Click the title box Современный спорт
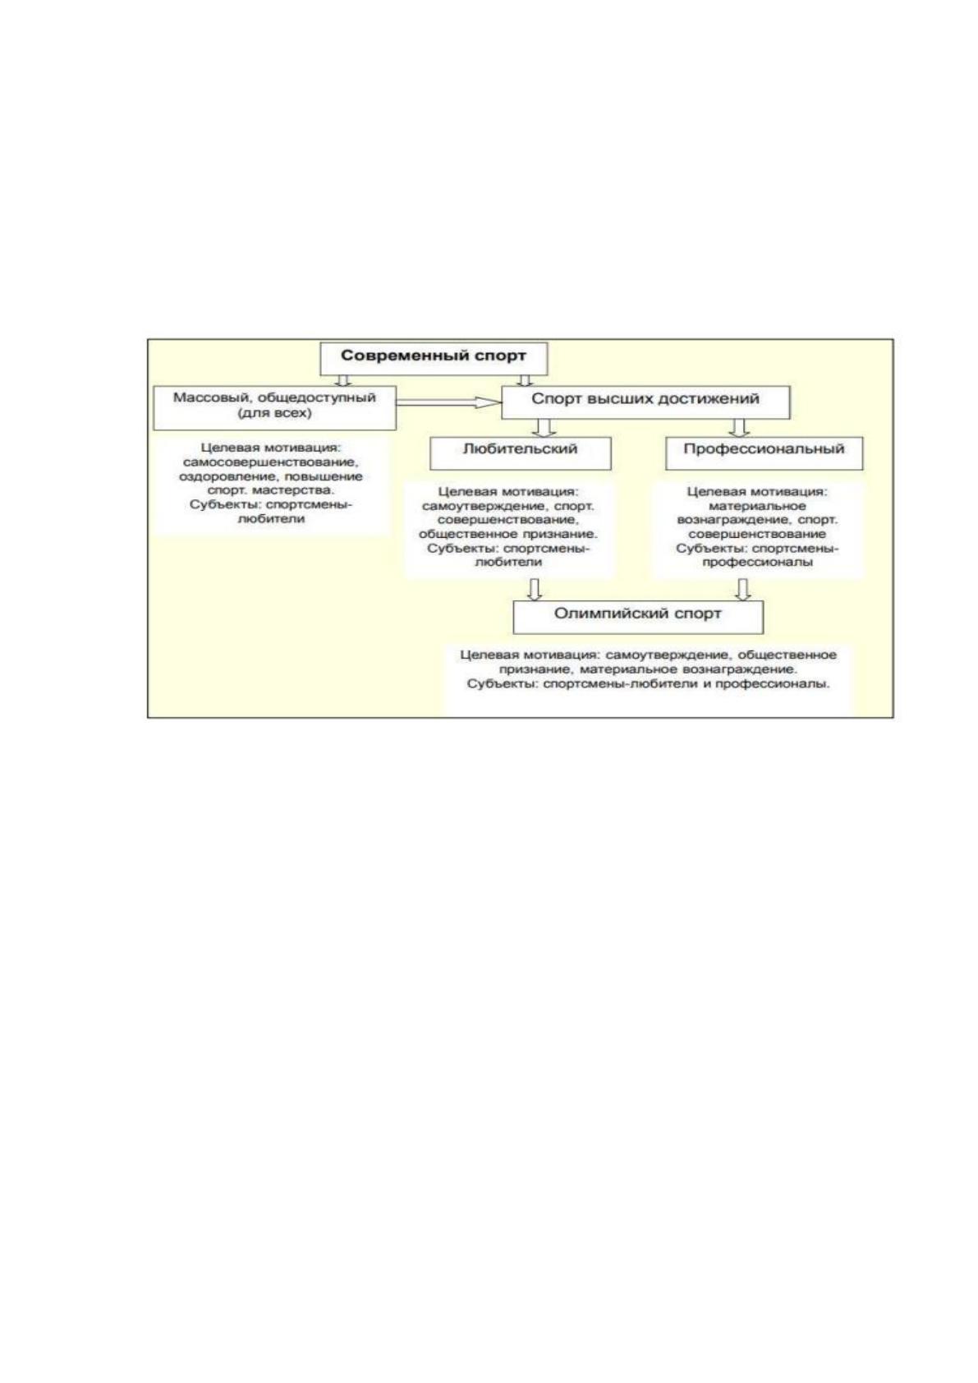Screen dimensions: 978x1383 (x=434, y=358)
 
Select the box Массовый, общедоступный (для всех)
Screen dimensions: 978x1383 (x=274, y=407)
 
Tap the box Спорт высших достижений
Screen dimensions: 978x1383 (x=645, y=402)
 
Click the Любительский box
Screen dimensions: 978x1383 (x=520, y=453)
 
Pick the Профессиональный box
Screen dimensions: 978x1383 (x=764, y=453)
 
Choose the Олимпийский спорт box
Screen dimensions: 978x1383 (x=638, y=617)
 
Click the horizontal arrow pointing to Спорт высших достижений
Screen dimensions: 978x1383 (x=448, y=402)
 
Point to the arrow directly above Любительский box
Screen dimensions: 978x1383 (x=544, y=428)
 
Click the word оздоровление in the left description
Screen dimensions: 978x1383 (x=215, y=476)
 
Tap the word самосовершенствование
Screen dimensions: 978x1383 (x=271, y=462)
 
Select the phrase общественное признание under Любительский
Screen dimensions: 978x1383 (x=507, y=534)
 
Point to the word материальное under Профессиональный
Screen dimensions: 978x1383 (x=758, y=506)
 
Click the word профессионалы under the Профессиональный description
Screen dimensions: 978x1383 (x=758, y=563)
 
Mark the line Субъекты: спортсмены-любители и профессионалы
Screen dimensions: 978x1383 (x=648, y=684)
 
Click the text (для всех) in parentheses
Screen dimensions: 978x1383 (x=274, y=413)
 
